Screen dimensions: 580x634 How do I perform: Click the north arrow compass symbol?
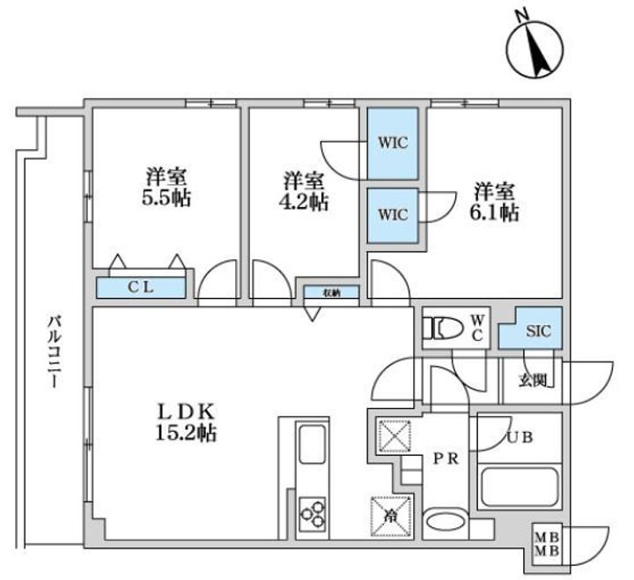(x=536, y=46)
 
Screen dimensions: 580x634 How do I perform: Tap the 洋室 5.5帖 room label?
(x=166, y=186)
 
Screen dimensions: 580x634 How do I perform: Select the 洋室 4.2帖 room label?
(x=305, y=191)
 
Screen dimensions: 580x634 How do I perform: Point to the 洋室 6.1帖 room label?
(x=496, y=201)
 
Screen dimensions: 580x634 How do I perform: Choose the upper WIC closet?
(x=393, y=144)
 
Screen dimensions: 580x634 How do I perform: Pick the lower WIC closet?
(x=393, y=214)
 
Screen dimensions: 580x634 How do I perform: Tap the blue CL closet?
(x=141, y=286)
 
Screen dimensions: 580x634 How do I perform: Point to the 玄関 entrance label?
(x=531, y=380)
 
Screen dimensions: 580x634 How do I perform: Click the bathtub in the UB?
(x=520, y=487)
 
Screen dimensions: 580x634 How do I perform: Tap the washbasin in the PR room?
(x=447, y=522)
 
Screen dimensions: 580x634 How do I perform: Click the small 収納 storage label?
(x=331, y=292)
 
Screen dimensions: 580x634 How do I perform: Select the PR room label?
(x=447, y=458)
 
